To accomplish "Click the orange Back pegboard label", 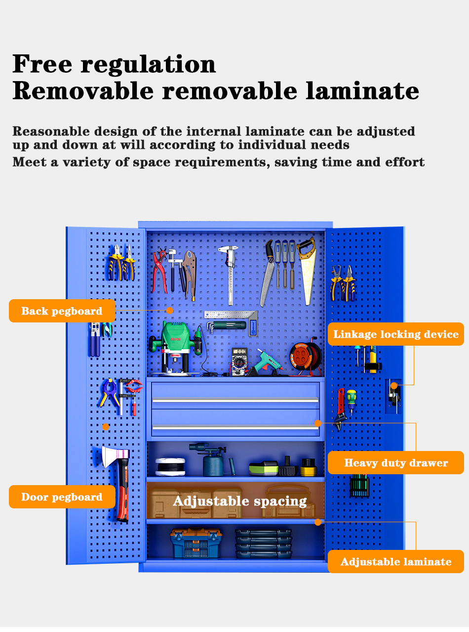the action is coord(62,311).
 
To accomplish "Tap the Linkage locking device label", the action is coord(396,334).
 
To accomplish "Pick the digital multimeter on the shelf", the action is coord(239,361).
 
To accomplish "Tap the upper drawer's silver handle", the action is coord(235,400).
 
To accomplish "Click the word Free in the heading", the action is coord(42,64).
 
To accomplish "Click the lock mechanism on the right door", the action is coord(393,396).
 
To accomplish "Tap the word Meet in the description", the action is coord(29,162).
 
